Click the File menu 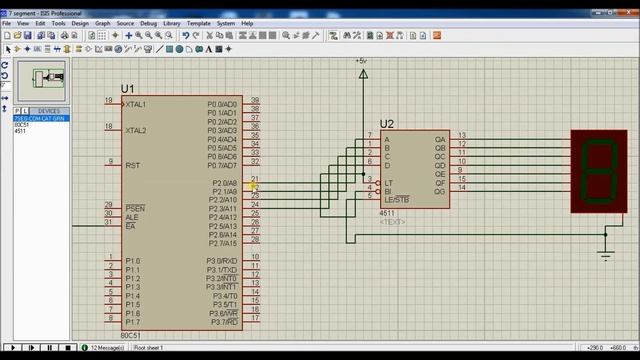tap(8, 22)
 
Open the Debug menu tap(149, 22)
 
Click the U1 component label tap(127, 89)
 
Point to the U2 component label tap(387, 125)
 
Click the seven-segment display tap(599, 171)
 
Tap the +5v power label tap(361, 61)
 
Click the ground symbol tap(605, 255)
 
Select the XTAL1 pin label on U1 tap(136, 104)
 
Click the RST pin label tap(132, 165)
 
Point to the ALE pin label tap(132, 217)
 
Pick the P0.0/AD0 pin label tap(222, 104)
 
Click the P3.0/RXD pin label tap(222, 261)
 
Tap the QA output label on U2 tap(439, 138)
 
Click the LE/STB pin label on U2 tap(397, 199)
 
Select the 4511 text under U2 tap(386, 214)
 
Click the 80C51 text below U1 tap(130, 335)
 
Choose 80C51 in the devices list tap(21, 125)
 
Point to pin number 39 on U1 tap(256, 101)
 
